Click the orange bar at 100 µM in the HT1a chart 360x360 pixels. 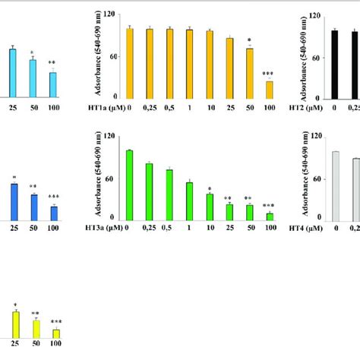pyautogui.click(x=268, y=89)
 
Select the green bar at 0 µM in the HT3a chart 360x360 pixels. pyautogui.click(x=129, y=185)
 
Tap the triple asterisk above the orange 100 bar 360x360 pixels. pyautogui.click(x=268, y=74)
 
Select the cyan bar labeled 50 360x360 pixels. pyautogui.click(x=33, y=78)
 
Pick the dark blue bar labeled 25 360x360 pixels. pyautogui.click(x=13, y=201)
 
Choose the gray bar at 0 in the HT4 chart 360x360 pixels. pyautogui.click(x=334, y=185)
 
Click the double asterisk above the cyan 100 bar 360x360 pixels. pyautogui.click(x=52, y=64)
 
